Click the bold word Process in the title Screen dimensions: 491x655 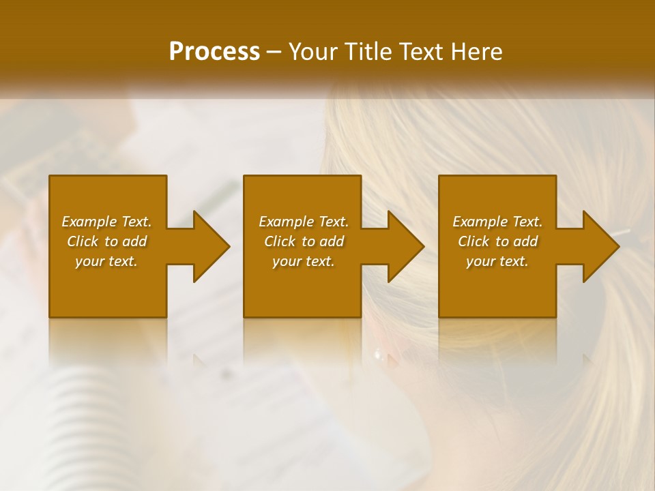(x=214, y=52)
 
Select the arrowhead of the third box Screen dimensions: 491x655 (x=600, y=246)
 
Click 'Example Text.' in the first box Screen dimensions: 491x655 (x=106, y=222)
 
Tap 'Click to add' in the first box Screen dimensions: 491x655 (x=106, y=241)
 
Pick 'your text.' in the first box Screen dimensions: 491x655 (x=106, y=261)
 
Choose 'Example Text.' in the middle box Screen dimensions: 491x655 (x=303, y=222)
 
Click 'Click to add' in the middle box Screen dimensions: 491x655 (x=303, y=241)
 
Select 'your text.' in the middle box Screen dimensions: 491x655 (x=303, y=261)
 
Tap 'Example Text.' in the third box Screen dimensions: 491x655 (x=497, y=222)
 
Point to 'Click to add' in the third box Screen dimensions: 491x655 (x=497, y=241)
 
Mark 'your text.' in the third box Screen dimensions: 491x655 (x=497, y=261)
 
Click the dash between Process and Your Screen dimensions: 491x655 (x=274, y=53)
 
